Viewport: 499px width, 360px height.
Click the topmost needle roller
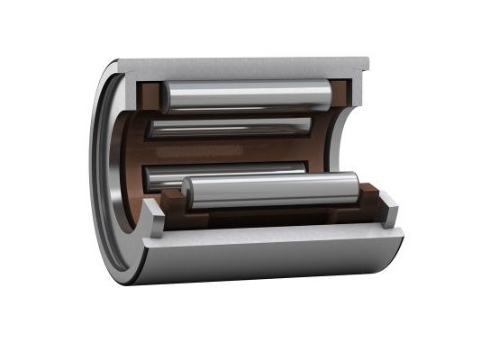click(x=243, y=95)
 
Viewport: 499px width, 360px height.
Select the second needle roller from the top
click(x=230, y=127)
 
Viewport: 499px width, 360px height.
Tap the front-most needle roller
click(x=270, y=190)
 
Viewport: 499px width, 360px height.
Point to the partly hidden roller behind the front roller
click(x=225, y=171)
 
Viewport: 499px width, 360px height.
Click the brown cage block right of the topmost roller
click(x=340, y=94)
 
